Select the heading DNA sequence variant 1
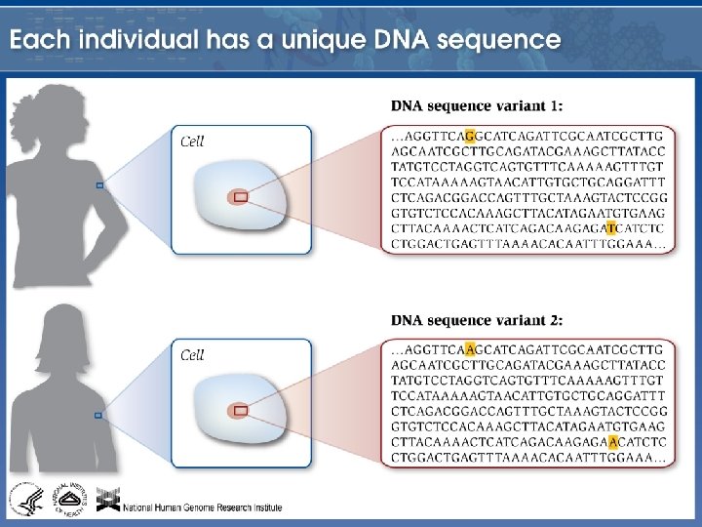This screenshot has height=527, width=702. point(476,105)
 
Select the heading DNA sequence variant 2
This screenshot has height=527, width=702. point(476,320)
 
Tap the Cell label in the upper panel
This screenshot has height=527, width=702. point(192,142)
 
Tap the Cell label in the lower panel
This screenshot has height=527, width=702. point(192,355)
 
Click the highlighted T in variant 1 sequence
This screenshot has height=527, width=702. point(611,227)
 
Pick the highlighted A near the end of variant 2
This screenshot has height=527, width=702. point(611,442)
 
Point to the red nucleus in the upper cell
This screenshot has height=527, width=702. point(240,197)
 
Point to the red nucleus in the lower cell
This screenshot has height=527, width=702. point(240,411)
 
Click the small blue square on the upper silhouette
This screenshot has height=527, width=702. point(98,184)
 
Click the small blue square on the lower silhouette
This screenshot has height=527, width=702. point(98,415)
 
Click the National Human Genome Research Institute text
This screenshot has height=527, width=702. point(203,507)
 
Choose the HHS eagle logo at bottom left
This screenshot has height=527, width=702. point(23,500)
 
